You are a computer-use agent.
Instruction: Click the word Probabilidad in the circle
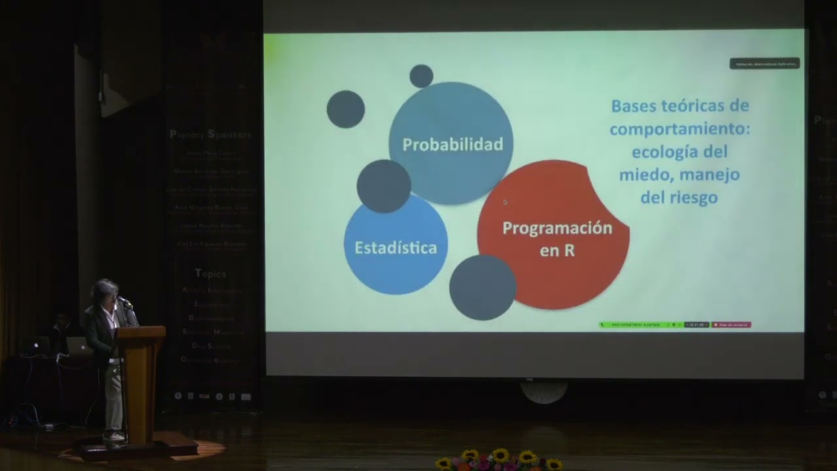tap(452, 145)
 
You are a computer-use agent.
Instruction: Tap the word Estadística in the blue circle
tap(396, 248)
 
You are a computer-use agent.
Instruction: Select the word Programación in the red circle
tap(557, 228)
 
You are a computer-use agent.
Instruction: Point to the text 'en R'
tap(557, 250)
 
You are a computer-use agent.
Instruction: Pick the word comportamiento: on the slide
tap(679, 129)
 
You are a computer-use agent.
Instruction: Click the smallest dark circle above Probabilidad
tap(421, 76)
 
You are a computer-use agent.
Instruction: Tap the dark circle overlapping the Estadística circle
tap(384, 186)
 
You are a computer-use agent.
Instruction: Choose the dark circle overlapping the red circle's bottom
tap(483, 287)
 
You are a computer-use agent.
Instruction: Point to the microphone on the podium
tap(125, 302)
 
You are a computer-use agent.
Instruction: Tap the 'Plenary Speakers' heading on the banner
tap(210, 135)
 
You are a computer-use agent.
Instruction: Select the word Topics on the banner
tap(211, 273)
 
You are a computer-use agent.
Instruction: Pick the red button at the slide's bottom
tap(731, 324)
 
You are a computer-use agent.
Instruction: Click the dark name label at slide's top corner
tap(764, 63)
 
